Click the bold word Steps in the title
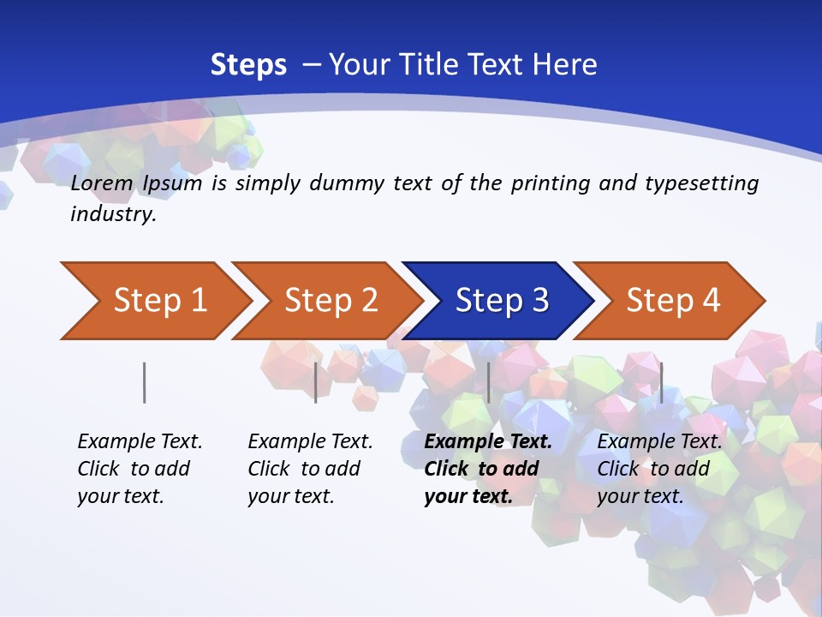coord(248,65)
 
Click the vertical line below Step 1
coord(145,382)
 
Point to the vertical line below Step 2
coord(316,382)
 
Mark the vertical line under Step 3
coord(488,382)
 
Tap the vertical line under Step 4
coord(661,382)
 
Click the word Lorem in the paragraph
coord(102,183)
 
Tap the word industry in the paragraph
coord(113,214)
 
